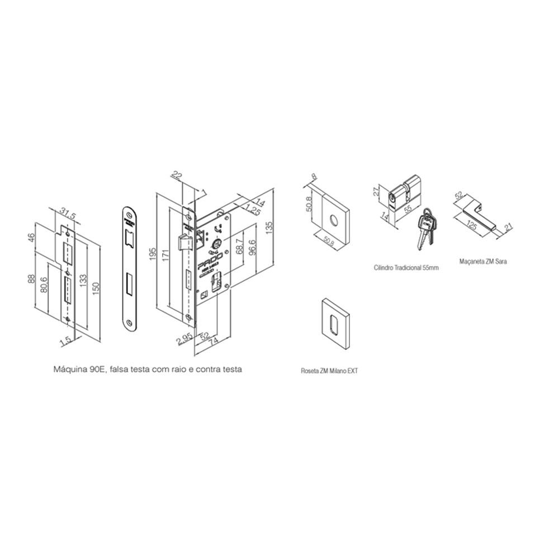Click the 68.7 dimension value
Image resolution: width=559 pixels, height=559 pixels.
tap(238, 246)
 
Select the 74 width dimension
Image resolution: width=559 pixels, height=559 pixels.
tap(212, 347)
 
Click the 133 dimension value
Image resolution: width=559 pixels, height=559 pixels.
tap(82, 278)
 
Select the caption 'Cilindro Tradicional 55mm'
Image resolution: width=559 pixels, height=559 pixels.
tap(406, 268)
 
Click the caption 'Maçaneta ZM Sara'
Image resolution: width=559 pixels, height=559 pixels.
tap(483, 260)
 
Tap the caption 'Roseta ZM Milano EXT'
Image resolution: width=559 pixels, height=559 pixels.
tap(329, 370)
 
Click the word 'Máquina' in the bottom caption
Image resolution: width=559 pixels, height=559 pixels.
tap(66, 369)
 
